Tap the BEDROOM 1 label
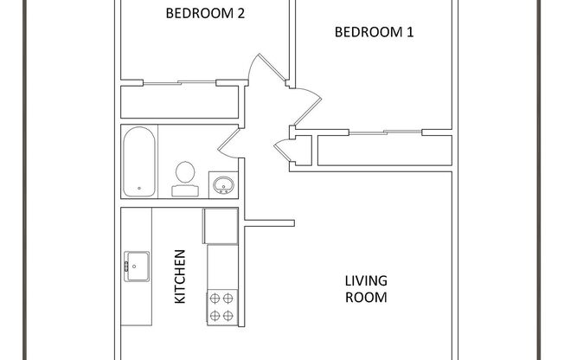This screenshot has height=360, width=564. [x=374, y=32]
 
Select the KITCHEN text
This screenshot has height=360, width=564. [x=181, y=276]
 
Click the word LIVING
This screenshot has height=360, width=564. [x=366, y=280]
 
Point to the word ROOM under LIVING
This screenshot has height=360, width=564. [x=366, y=297]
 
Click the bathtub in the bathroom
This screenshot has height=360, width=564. [x=139, y=161]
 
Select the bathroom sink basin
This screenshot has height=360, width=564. [x=221, y=185]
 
